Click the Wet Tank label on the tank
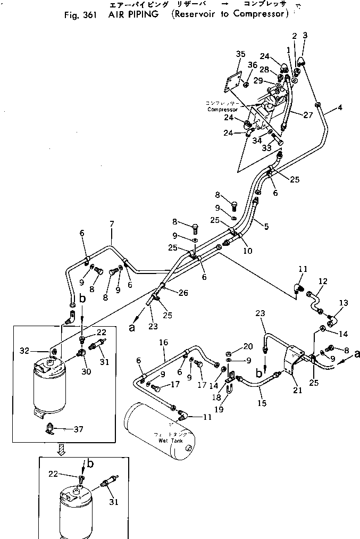tap(170, 441)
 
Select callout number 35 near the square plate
tap(241, 54)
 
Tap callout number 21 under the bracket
tap(298, 390)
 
